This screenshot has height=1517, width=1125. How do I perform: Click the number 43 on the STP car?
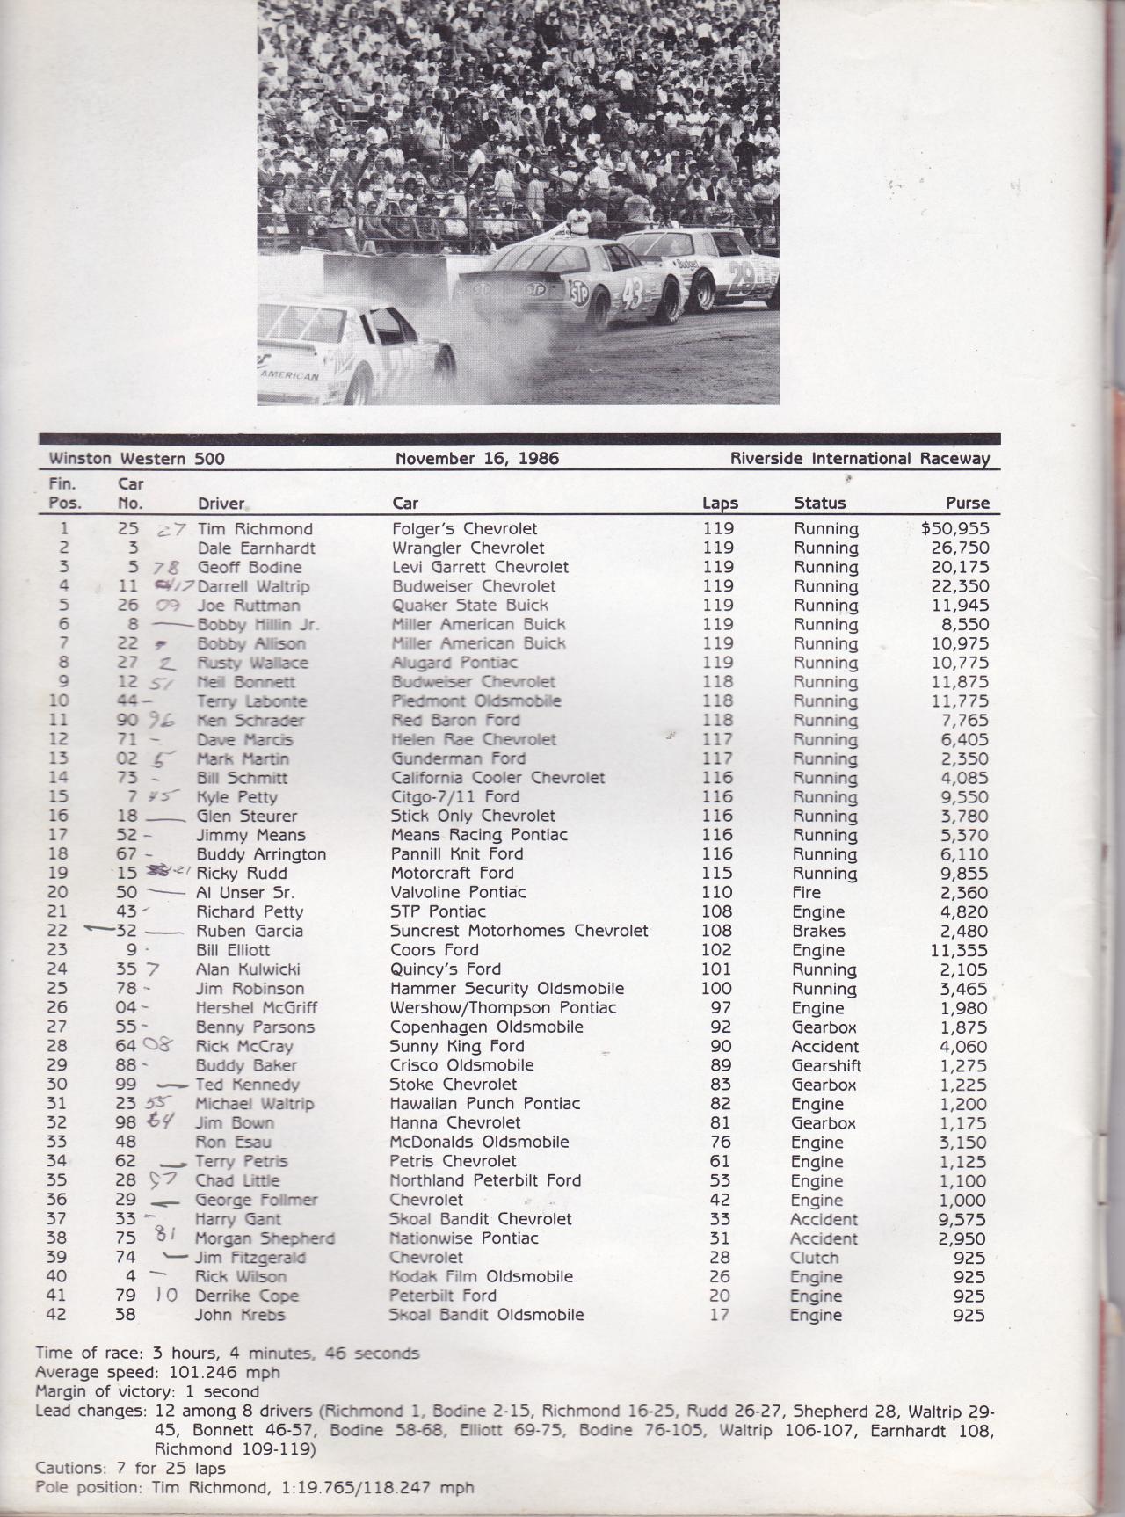(x=634, y=299)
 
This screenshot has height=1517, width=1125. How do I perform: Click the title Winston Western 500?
(x=137, y=458)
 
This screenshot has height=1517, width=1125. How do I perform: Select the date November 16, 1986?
(x=477, y=458)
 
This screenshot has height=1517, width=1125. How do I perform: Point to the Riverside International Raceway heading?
(x=860, y=458)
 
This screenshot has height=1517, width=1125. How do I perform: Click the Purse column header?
(x=968, y=504)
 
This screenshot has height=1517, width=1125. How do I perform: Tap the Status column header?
(x=819, y=504)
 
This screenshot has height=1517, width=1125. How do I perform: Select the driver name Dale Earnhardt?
(x=256, y=548)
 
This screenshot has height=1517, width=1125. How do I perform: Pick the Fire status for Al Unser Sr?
(x=809, y=892)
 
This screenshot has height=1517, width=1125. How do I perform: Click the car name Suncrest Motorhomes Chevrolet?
(x=519, y=931)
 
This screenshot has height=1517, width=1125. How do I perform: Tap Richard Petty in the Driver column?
(x=250, y=911)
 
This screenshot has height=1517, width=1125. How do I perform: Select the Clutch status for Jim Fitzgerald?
(x=814, y=1258)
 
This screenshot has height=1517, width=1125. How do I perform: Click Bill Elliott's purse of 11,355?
(x=960, y=950)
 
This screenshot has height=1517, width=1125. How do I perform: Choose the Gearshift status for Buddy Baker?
(x=826, y=1065)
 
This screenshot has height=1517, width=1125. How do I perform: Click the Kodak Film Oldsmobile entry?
(x=481, y=1276)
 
